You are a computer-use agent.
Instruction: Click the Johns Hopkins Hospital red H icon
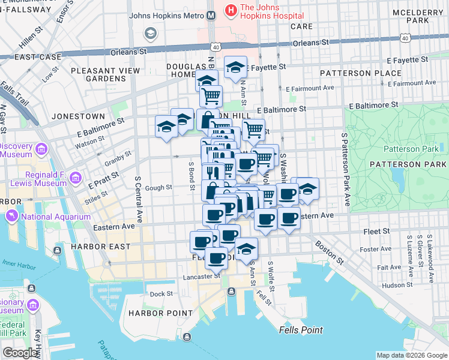point(230,10)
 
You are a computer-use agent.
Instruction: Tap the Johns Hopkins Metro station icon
point(211,17)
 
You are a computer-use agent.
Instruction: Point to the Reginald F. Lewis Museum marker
point(76,178)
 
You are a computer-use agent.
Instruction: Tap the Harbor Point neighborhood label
point(158,313)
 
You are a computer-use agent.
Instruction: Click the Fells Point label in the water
point(301,330)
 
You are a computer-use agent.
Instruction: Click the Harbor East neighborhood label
point(100,247)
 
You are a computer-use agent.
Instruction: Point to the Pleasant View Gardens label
point(105,74)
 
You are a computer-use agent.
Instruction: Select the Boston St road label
point(331,254)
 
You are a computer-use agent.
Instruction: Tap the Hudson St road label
point(394,285)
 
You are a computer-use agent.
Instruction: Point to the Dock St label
point(161,293)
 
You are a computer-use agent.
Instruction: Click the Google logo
point(20,352)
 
